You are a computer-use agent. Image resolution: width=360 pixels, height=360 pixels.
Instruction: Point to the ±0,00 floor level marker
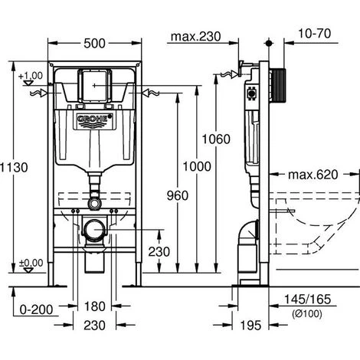(32, 263)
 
